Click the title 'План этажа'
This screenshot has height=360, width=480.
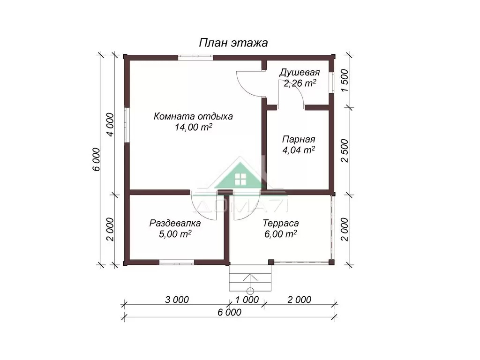coord(233,43)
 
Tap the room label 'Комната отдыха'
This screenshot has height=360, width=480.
coord(193,117)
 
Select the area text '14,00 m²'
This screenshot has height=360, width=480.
coord(194,127)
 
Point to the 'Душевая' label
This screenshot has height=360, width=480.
coord(300,73)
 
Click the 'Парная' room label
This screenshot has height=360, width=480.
coord(299,140)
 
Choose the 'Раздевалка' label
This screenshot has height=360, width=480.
coord(175,224)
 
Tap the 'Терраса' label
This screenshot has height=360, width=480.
coord(280,224)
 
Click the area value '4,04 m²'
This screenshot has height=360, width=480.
coord(299,150)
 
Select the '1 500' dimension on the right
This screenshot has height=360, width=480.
coord(345,81)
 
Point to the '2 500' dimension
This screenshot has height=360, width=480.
coord(345,150)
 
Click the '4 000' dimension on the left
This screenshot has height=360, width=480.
coord(110,125)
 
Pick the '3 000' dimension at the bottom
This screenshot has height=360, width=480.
coord(177,300)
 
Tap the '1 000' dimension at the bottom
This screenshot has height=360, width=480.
coord(247,300)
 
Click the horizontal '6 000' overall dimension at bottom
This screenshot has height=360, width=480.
coord(230,312)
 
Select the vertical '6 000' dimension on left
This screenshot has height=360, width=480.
coord(96,159)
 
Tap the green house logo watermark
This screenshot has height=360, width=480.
coord(241,176)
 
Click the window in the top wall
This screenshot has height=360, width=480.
coord(195,57)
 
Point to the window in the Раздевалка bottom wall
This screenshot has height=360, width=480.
coord(177,262)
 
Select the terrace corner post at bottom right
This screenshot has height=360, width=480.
coord(331,262)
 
